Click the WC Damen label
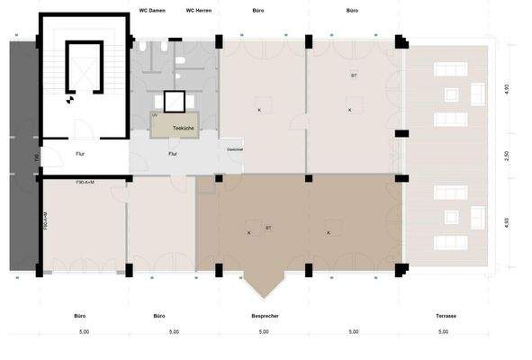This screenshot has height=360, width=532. tap(151, 11)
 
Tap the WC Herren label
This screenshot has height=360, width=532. tap(197, 11)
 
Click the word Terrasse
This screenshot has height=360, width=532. tap(444, 316)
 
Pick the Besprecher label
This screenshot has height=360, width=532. tap(264, 316)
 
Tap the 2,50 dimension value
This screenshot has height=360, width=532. tap(507, 156)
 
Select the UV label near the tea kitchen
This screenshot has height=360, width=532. tap(155, 116)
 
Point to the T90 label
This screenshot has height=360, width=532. tap(36, 158)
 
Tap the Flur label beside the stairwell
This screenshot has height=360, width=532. tap(79, 153)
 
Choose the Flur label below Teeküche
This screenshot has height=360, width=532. tap(173, 153)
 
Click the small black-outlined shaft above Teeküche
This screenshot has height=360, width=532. tap(174, 101)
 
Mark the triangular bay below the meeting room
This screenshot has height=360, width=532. tap(264, 283)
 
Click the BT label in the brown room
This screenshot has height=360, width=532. tap(268, 229)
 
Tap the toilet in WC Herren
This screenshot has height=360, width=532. tap(181, 60)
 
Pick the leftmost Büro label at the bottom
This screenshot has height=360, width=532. tap(79, 316)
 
